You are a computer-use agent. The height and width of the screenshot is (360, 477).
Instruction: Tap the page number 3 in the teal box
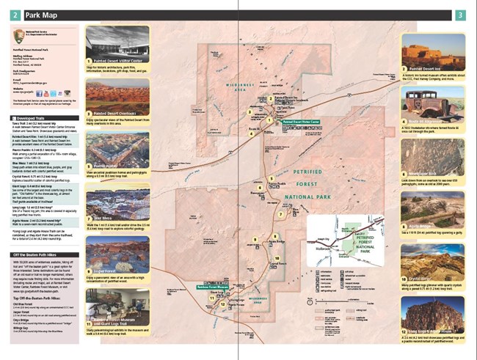(x=459, y=15)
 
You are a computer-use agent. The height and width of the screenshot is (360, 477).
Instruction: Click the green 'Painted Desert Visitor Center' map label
(x=302, y=122)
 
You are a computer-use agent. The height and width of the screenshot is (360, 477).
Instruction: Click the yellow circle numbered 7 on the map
(x=280, y=215)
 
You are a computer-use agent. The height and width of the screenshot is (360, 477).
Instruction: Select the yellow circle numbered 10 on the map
(x=278, y=259)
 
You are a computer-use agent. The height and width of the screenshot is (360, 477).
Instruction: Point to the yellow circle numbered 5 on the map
(x=271, y=178)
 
